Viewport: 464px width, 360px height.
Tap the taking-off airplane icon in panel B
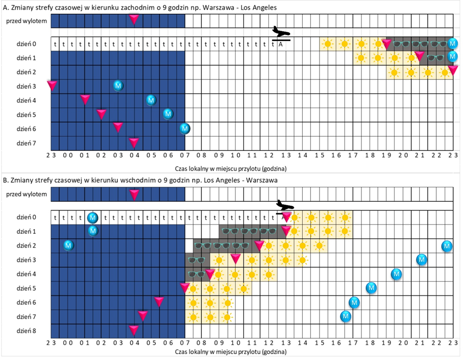tap(285, 204)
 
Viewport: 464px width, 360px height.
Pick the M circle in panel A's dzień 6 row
tap(185, 129)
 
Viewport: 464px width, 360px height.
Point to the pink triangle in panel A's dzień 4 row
tap(85, 100)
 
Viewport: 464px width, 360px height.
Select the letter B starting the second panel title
tap(5, 180)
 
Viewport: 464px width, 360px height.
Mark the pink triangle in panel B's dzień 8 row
tap(134, 329)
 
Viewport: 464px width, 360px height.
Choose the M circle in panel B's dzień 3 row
tap(422, 259)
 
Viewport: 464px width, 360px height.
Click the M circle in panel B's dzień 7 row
tap(346, 316)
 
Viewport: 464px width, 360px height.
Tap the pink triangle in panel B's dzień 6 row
tap(159, 301)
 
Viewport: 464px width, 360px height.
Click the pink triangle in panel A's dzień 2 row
tap(453, 71)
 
